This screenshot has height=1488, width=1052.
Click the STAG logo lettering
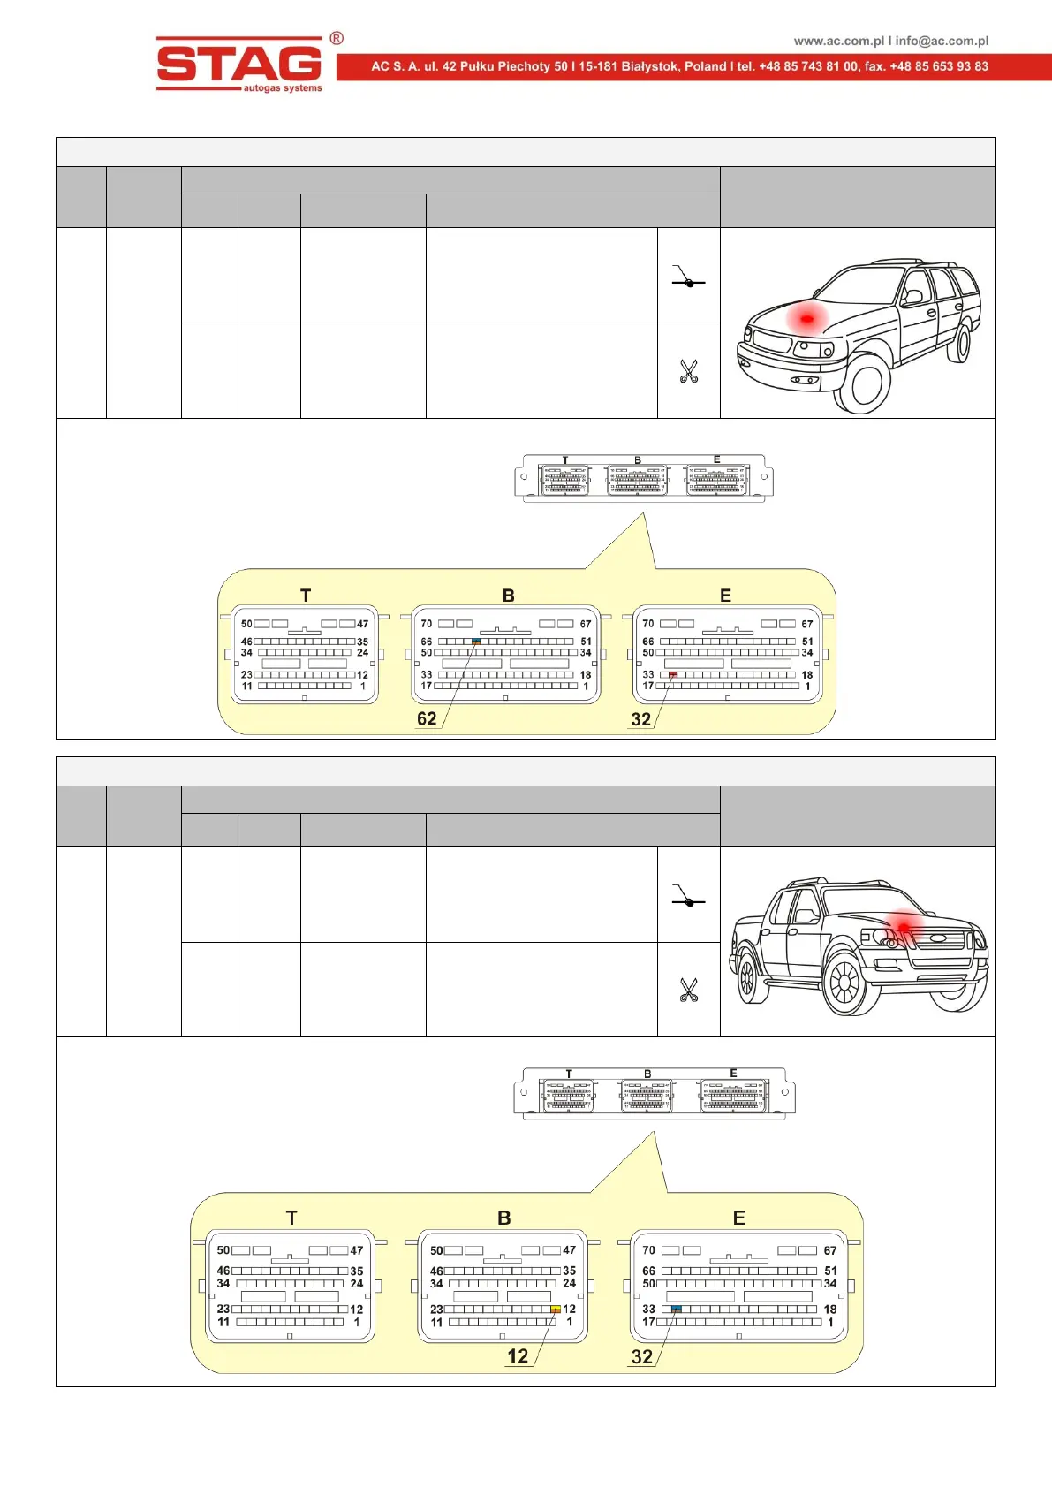[238, 64]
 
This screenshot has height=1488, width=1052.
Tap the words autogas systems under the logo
[283, 88]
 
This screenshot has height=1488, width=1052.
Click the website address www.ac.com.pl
[838, 41]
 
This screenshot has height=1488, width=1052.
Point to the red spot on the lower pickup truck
[904, 926]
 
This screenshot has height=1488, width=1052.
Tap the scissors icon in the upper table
[689, 371]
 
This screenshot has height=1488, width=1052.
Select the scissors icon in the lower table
[689, 990]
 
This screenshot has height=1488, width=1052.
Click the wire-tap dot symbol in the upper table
[689, 283]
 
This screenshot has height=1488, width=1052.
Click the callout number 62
[427, 719]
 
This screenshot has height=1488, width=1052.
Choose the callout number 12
[518, 1356]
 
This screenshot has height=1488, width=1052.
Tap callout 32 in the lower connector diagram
[642, 1357]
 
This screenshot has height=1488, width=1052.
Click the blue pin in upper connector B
[477, 642]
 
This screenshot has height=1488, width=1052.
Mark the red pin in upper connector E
[673, 674]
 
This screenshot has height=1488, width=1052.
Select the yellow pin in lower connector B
[556, 1310]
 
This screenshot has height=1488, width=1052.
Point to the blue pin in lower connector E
[677, 1309]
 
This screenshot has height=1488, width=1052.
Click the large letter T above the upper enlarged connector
[306, 596]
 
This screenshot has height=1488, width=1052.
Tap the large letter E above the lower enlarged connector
[739, 1218]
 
